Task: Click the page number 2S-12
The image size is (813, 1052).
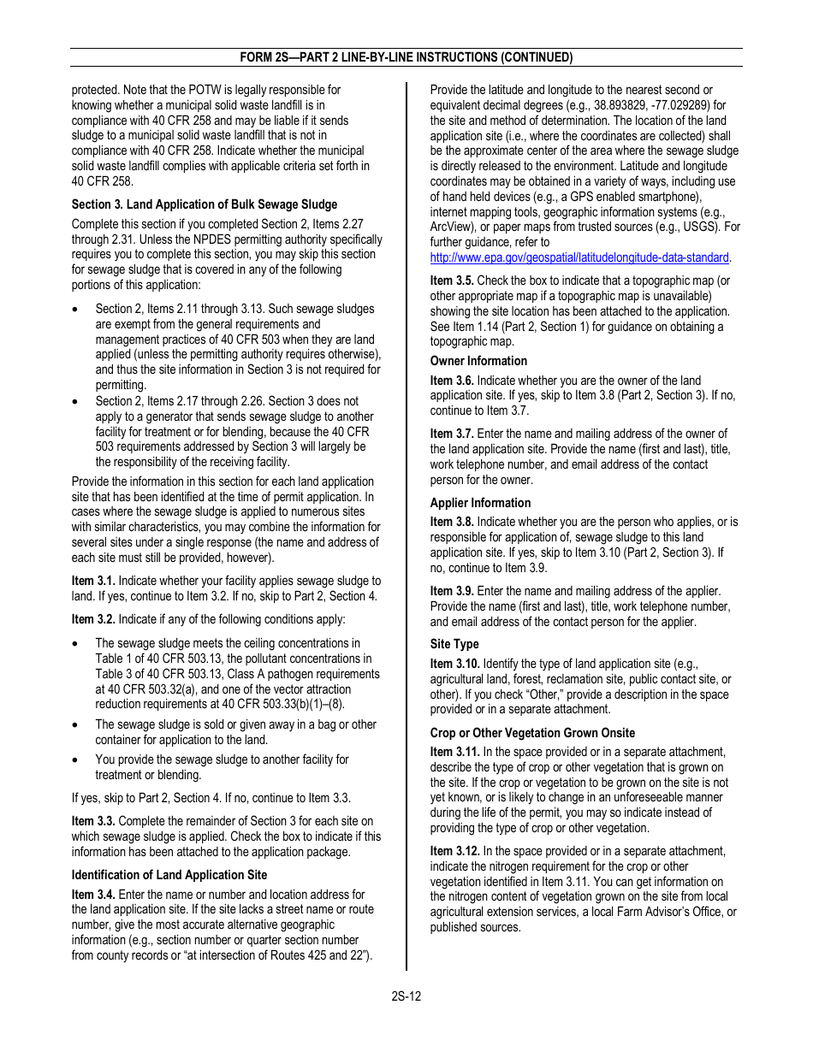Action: pos(406,996)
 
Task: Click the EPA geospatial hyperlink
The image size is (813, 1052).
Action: pos(579,257)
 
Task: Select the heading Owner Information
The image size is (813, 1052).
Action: pos(478,361)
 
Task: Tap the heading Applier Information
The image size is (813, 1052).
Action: pos(480,503)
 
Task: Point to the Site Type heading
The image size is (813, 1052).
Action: pos(454,644)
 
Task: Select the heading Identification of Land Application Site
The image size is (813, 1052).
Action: pos(169,875)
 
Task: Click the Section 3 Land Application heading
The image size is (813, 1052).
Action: pos(205,204)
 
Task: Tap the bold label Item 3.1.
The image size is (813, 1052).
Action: pos(93,581)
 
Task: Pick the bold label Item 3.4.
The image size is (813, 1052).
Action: pos(93,895)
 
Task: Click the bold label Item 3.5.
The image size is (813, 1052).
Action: pos(452,281)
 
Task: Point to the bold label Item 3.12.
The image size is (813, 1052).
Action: pos(454,851)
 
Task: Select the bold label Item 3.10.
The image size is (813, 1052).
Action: pos(454,664)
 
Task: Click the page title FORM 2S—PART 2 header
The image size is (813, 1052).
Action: pos(406,57)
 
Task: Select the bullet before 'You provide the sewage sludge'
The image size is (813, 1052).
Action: pos(77,759)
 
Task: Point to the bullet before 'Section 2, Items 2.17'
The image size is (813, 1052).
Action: pos(77,401)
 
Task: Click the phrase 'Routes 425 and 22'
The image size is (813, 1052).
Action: pos(320,955)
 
